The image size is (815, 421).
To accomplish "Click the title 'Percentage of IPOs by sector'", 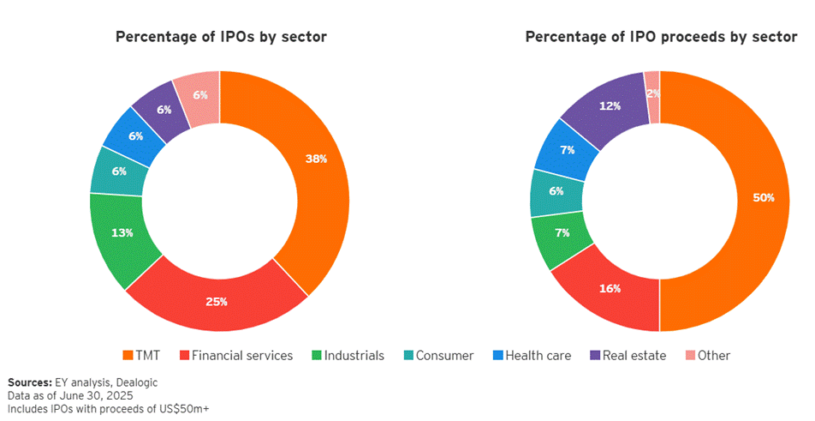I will (221, 36).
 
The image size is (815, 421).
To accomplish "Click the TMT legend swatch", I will (128, 355).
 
